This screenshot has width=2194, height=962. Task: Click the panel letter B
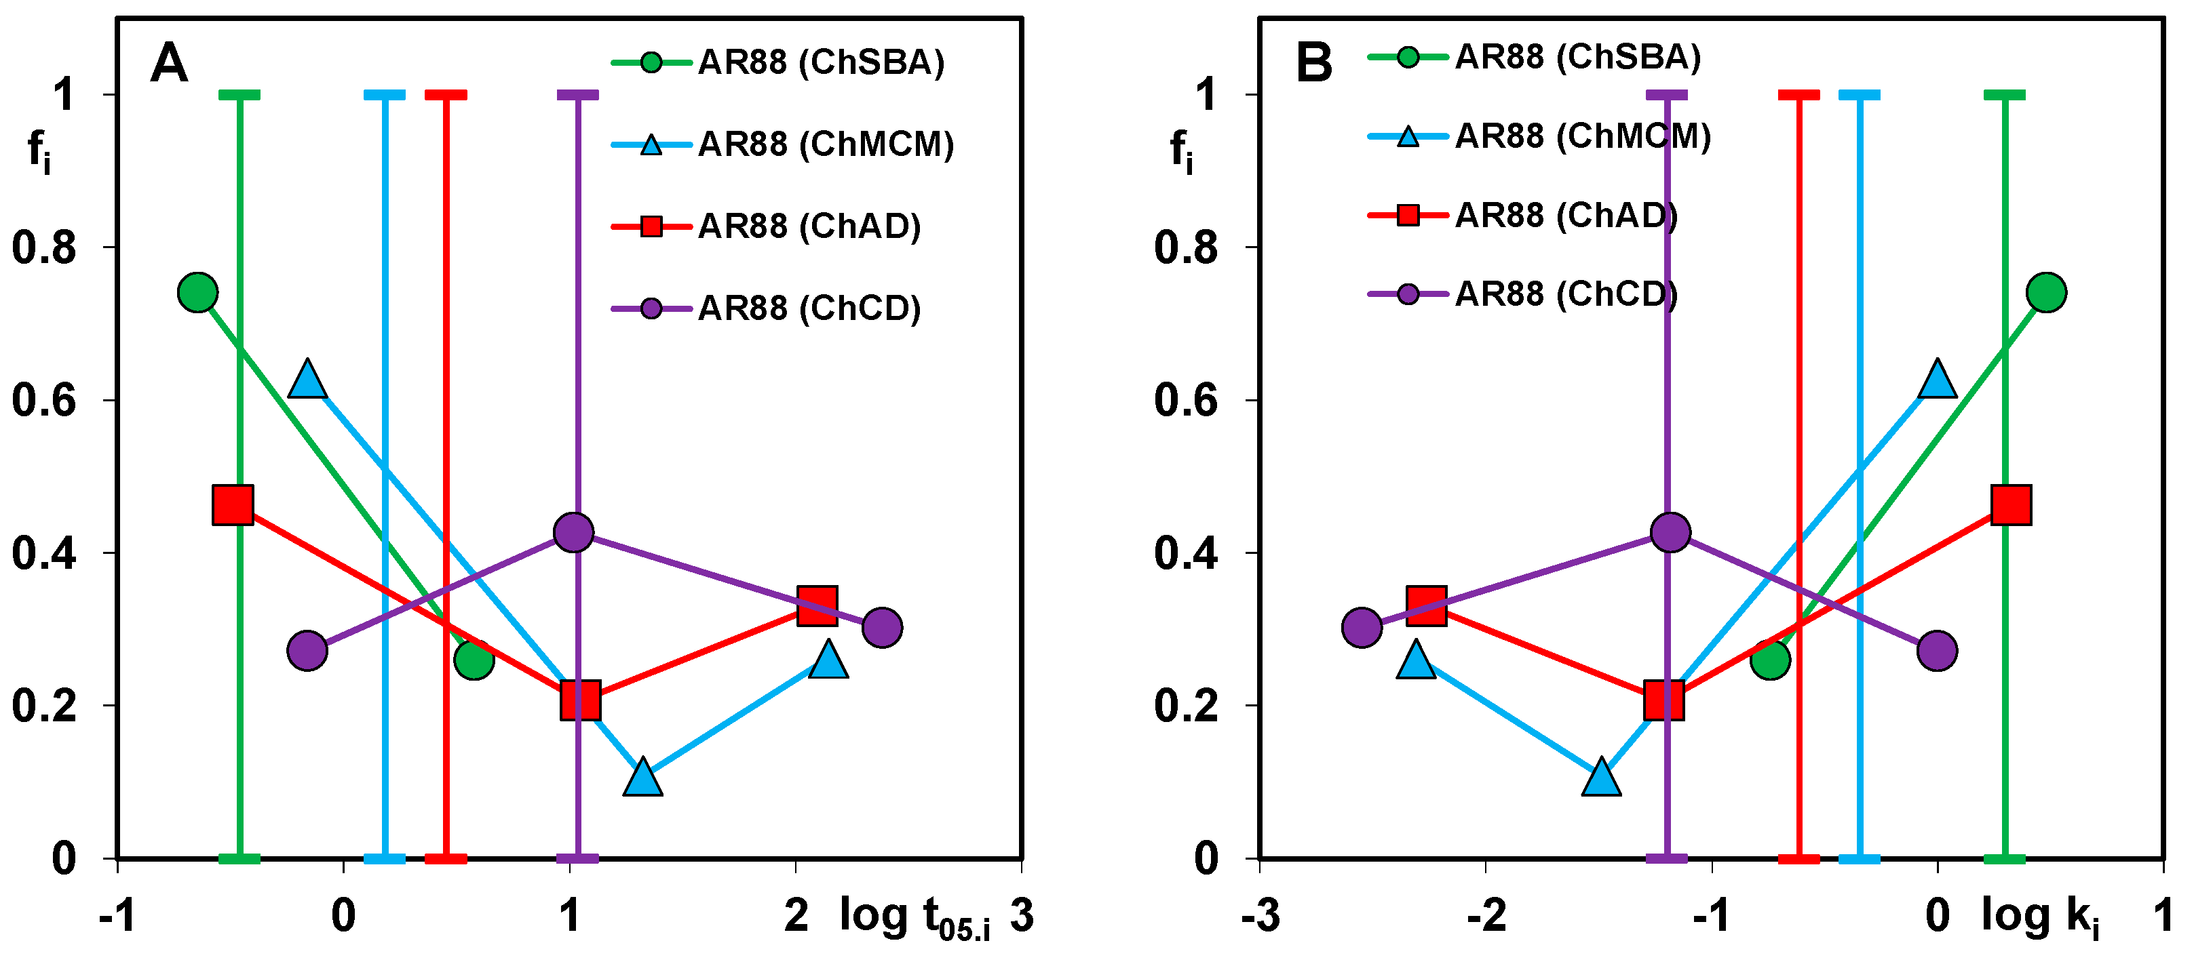1313,63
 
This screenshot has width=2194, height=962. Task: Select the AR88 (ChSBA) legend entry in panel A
778,63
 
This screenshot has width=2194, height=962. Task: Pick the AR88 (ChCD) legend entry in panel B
1523,294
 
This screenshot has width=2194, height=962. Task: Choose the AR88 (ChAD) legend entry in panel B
1523,216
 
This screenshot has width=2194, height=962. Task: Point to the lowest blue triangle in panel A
643,776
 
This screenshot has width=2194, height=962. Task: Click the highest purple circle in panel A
573,533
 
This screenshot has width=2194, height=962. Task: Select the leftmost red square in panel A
233,505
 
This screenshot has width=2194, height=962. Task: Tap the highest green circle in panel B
2047,293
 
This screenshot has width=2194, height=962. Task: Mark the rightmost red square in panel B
2012,505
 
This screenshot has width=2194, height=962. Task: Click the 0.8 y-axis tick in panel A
44,247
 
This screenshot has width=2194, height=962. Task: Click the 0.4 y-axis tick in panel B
1187,553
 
